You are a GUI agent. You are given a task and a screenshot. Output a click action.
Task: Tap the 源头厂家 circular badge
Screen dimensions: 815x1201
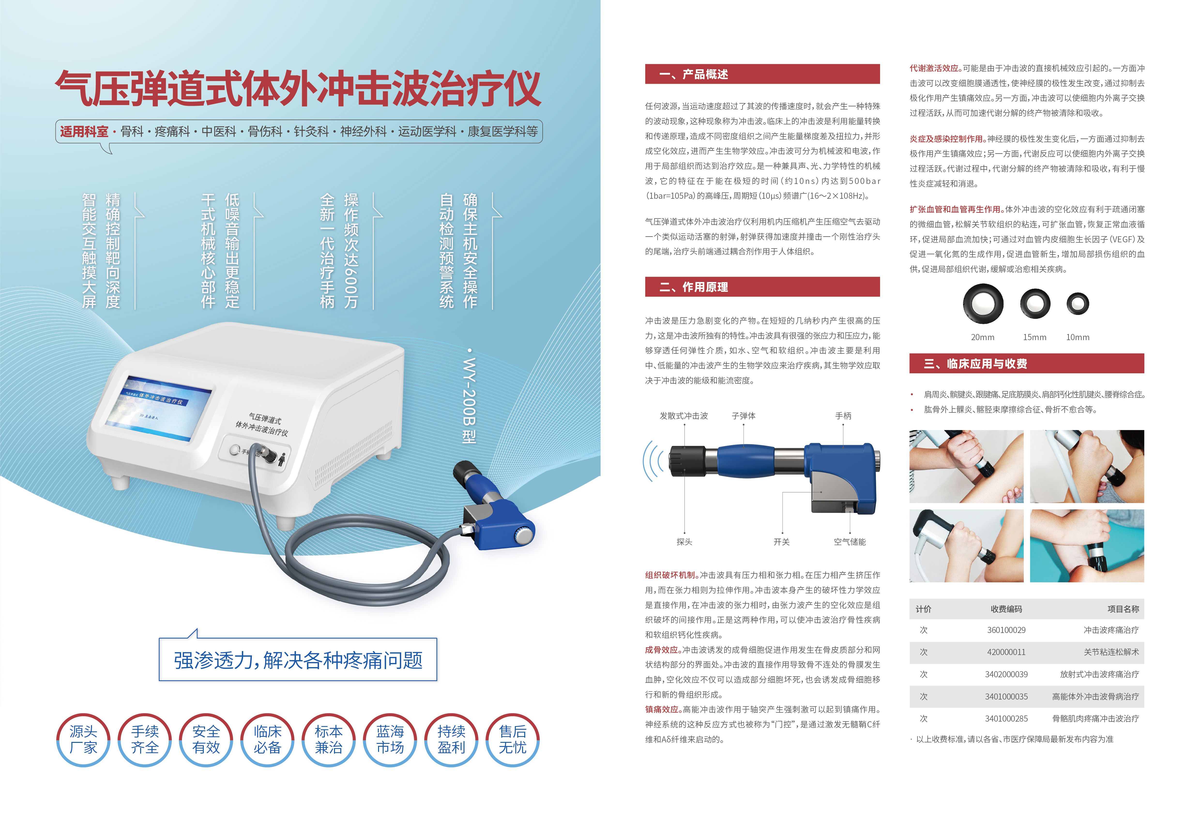[x=83, y=739]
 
